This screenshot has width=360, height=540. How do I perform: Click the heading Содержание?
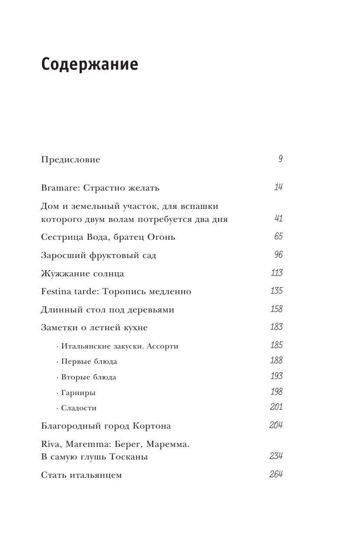pyautogui.click(x=90, y=64)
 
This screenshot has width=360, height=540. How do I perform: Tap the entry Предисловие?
pyautogui.click(x=70, y=160)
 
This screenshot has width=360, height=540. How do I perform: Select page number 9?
pyautogui.click(x=280, y=159)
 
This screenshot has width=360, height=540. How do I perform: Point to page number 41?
pyautogui.click(x=279, y=218)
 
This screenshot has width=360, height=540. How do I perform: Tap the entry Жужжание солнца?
pyautogui.click(x=82, y=274)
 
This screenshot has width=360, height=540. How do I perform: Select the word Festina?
pyautogui.click(x=57, y=292)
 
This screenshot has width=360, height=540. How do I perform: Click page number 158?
pyautogui.click(x=276, y=309)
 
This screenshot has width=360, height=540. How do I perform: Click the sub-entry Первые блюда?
pyautogui.click(x=89, y=362)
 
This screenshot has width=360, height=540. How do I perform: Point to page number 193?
pyautogui.click(x=276, y=376)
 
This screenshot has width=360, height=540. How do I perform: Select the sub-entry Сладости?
pyautogui.click(x=79, y=408)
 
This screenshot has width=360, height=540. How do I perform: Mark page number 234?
pyautogui.click(x=276, y=456)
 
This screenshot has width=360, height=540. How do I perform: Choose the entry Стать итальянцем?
pyautogui.click(x=81, y=475)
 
